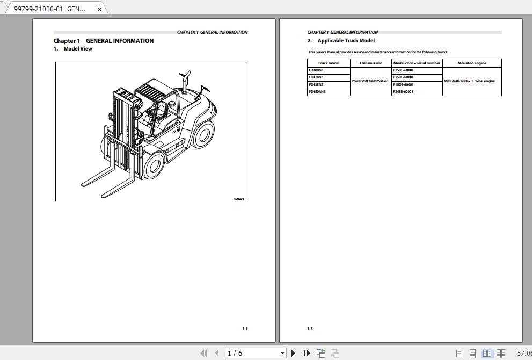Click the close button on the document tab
coord(99,9)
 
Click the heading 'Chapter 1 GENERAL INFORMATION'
coord(103,41)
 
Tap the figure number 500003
coord(239,199)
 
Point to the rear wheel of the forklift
coord(203,134)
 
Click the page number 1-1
coord(245,329)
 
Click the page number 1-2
coord(310,329)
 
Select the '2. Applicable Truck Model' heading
coord(341,41)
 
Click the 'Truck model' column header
coord(329,63)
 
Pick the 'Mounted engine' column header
coord(472,63)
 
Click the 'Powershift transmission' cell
coord(370,81)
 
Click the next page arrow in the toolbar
coord(293,353)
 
